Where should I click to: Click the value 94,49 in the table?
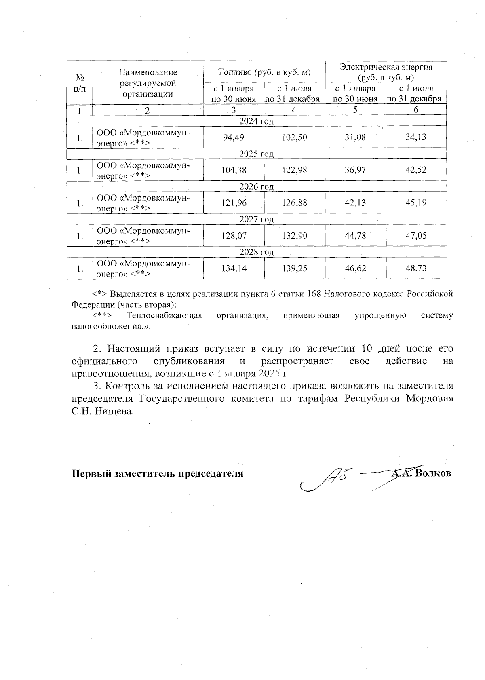pyautogui.click(x=234, y=137)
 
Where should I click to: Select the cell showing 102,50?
pyautogui.click(x=294, y=137)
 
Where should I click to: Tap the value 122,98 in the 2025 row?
pyautogui.click(x=294, y=170)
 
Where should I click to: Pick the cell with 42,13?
pyautogui.click(x=355, y=203)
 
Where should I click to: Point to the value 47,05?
pyautogui.click(x=416, y=236)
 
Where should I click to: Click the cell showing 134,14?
pyautogui.click(x=234, y=268)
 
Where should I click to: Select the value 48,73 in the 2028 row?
pyautogui.click(x=416, y=268)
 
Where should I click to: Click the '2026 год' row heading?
pyautogui.click(x=256, y=186)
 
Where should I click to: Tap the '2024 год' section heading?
pyautogui.click(x=256, y=121)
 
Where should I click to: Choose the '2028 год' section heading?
pyautogui.click(x=256, y=252)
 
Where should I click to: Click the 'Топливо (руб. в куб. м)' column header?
pyautogui.click(x=264, y=72)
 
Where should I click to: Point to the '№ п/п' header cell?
pyautogui.click(x=80, y=83)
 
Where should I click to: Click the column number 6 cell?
pyautogui.click(x=416, y=110)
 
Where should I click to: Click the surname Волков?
pyautogui.click(x=433, y=473)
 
